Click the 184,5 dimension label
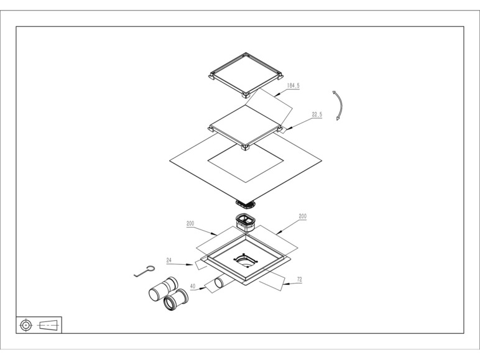coord(293,85)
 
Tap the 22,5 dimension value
coord(317,114)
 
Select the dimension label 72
coord(300,279)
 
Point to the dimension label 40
coord(193,286)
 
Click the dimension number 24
coord(169,260)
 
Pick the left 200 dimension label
coord(190,223)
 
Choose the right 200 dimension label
coord(302,216)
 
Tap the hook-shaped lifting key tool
coord(144,271)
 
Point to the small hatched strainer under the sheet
coord(246,203)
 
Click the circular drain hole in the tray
coord(246,261)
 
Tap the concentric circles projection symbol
coord(26,325)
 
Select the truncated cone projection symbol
coord(48,325)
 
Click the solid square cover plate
coord(246,126)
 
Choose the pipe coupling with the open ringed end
coord(176,300)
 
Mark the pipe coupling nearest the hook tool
coord(163,288)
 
